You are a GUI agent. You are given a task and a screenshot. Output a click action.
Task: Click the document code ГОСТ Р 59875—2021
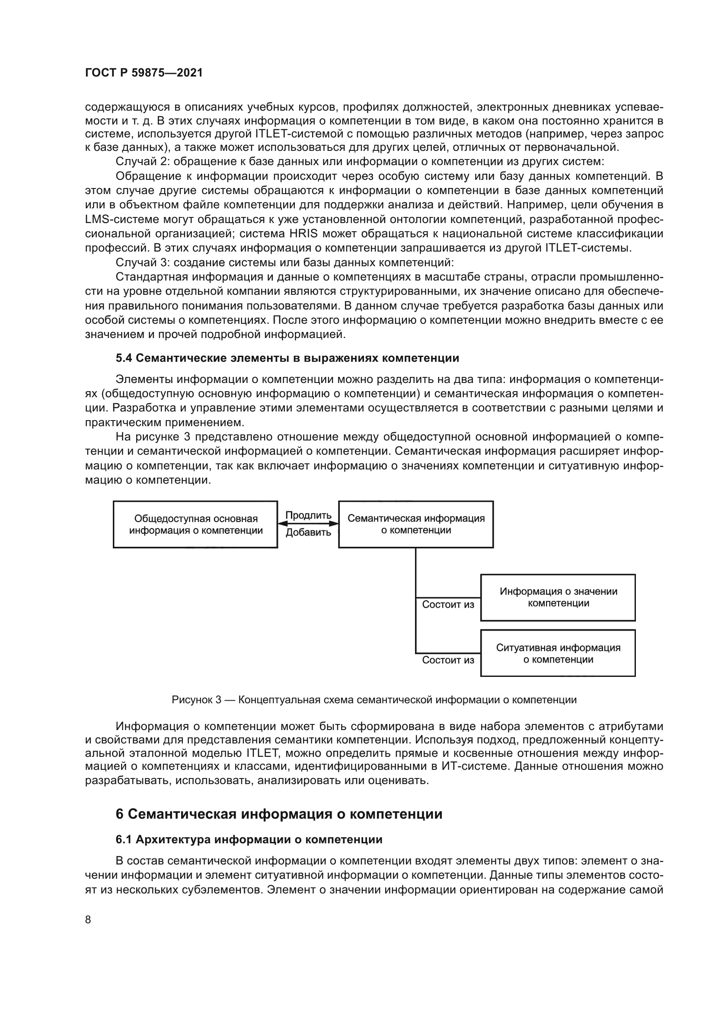[144, 73]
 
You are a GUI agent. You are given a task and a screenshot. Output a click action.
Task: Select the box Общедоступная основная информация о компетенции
[195, 524]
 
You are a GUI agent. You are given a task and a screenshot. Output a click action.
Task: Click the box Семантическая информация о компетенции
[415, 524]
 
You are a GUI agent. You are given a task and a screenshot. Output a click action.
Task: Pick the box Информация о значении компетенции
[558, 597]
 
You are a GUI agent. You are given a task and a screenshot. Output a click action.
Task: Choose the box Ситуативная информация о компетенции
[558, 654]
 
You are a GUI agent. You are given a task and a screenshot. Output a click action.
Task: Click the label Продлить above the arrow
[308, 515]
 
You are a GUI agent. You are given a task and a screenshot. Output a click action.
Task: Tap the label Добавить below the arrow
[308, 533]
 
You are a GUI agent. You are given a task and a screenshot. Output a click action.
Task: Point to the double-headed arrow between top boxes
[308, 523]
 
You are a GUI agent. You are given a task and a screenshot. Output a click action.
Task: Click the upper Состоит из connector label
[448, 605]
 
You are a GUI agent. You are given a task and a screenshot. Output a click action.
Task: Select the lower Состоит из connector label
[448, 660]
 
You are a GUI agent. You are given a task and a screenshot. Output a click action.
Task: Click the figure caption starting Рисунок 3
[374, 700]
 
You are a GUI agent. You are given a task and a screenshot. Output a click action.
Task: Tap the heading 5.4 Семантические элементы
[287, 358]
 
